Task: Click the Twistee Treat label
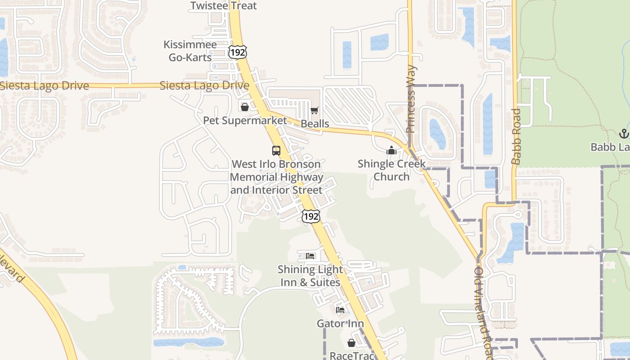point(224,6)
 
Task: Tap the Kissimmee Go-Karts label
point(190,51)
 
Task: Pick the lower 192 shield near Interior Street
point(311,216)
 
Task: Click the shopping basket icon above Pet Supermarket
point(244,107)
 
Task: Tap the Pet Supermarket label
point(245,121)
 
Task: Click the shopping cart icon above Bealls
point(315,111)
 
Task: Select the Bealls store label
point(315,124)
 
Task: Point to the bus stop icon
point(276,151)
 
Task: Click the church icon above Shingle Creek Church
point(391,151)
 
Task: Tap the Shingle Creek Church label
point(391,170)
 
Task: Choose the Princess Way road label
point(411,99)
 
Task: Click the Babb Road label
point(516,136)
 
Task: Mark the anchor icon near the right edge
point(623,133)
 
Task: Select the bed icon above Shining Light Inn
point(310,256)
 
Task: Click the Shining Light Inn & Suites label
point(310,276)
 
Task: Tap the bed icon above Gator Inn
point(340,310)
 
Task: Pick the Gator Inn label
point(340,324)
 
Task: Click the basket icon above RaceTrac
point(351,343)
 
